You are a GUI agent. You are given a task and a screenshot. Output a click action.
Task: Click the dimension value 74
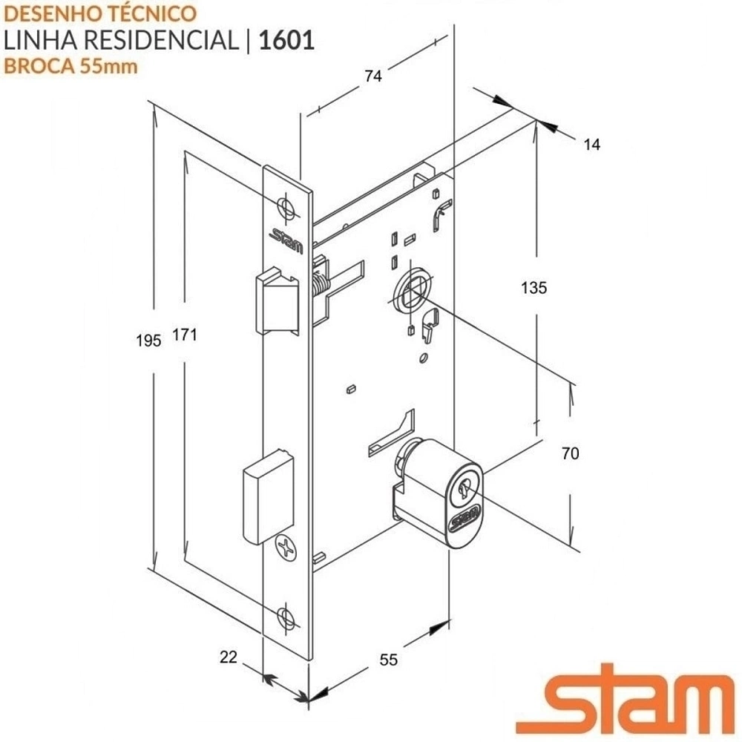tap(373, 76)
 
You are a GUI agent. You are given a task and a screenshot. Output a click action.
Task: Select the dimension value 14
tap(591, 145)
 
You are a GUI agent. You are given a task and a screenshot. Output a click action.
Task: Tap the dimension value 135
tap(533, 288)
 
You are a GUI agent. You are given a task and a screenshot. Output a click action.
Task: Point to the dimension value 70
tap(570, 453)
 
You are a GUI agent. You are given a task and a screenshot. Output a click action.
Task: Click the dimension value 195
tap(148, 341)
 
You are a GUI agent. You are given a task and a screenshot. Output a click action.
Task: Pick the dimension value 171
tap(184, 335)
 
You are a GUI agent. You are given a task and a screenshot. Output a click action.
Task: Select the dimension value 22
tap(228, 657)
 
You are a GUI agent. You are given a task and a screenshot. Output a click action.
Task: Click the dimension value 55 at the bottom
tap(389, 660)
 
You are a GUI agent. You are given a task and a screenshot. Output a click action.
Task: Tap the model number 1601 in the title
tap(286, 40)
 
